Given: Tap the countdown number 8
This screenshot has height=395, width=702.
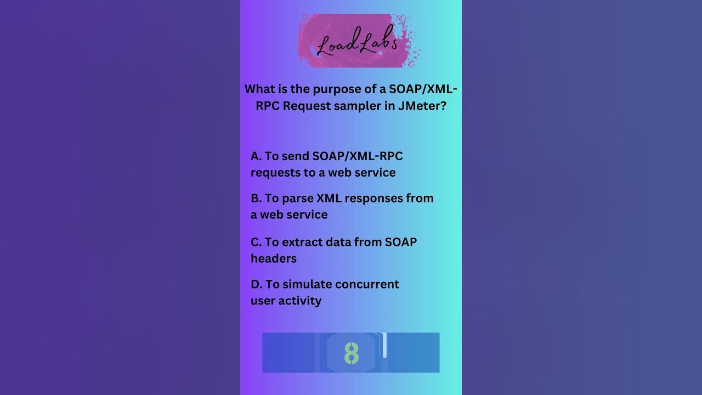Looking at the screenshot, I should tap(351, 354).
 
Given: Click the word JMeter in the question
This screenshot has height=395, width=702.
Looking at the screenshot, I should tap(422, 106).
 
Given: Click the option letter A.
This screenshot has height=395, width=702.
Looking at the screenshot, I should tap(256, 156).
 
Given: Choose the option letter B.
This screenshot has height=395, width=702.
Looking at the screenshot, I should tap(256, 198).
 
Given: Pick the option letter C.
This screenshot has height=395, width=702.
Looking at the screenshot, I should tap(256, 242).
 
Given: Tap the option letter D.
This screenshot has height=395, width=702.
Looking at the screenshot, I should tap(256, 284).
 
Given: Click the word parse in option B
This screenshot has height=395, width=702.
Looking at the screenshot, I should tap(297, 198).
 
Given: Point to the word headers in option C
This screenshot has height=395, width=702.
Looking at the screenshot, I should tap(274, 258).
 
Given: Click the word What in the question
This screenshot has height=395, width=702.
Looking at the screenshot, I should tap(261, 89).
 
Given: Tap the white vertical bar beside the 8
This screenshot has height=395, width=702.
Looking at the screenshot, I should tap(384, 345).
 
